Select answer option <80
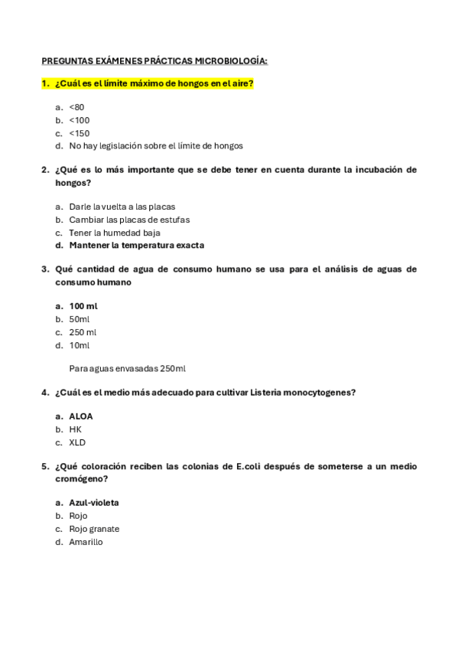tap(76, 107)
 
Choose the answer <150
tap(79, 133)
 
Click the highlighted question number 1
tap(45, 83)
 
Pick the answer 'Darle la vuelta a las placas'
tap(122, 207)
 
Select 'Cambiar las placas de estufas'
tap(129, 220)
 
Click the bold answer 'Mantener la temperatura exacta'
tap(136, 246)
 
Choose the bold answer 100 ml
tap(83, 306)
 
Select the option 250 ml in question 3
tap(83, 332)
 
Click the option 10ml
tap(79, 345)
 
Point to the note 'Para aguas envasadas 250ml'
tap(127, 368)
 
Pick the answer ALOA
tap(80, 416)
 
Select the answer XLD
tap(77, 442)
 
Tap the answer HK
tap(75, 429)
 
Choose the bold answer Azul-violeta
tap(93, 503)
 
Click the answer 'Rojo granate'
tap(94, 529)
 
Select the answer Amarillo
tap(86, 542)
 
